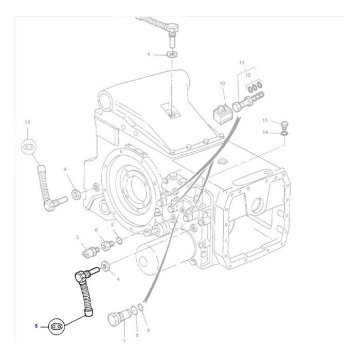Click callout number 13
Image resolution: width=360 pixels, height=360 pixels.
pyautogui.click(x=27, y=122)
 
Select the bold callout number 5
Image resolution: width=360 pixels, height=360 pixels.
pyautogui.click(x=37, y=326)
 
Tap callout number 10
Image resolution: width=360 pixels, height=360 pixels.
pyautogui.click(x=222, y=83)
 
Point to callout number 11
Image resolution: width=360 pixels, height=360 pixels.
pyautogui.click(x=241, y=62)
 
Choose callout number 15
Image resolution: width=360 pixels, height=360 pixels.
pyautogui.click(x=265, y=120)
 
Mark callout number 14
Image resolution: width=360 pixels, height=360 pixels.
pyautogui.click(x=265, y=133)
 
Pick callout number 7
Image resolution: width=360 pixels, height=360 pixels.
pyautogui.click(x=124, y=341)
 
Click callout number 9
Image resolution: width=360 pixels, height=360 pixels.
pyautogui.click(x=148, y=330)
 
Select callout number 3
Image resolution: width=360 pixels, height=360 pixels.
pyautogui.click(x=78, y=237)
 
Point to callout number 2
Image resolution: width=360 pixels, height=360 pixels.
pyautogui.click(x=112, y=225)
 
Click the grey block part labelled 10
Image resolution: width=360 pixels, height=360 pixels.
pyautogui.click(x=222, y=112)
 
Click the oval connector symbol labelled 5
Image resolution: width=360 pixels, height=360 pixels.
pyautogui.click(x=57, y=326)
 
